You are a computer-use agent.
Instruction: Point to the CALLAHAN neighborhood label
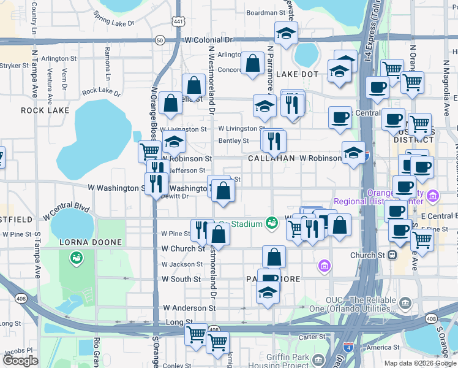coord(272,158)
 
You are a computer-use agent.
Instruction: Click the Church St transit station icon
coord(392,255)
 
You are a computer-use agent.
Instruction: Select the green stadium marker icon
coord(271,224)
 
